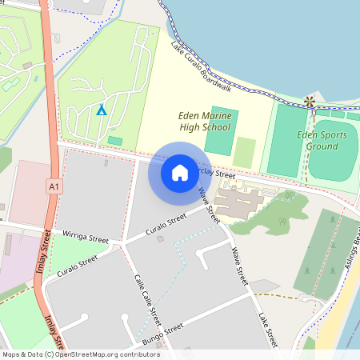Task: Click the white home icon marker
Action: pos(180,172)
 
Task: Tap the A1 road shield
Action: pos(54,187)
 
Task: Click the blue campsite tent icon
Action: pos(101,110)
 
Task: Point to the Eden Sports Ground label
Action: pos(322,140)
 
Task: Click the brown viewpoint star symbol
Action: pos(309,102)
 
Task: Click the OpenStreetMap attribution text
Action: pos(80,354)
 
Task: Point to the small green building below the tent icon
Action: pos(115,141)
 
